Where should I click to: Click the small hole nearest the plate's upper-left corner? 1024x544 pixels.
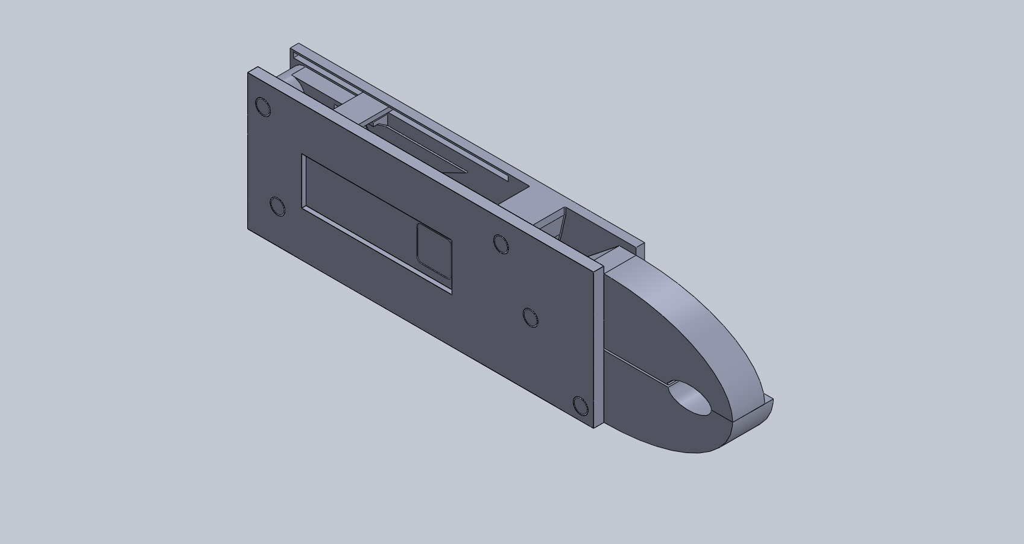[x=264, y=107]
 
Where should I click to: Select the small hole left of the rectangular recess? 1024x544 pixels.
[x=278, y=206]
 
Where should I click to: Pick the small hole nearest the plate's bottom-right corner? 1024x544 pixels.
[x=580, y=406]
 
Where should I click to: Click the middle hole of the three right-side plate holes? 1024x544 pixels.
[x=531, y=317]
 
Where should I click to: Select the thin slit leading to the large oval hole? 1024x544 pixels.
[x=639, y=367]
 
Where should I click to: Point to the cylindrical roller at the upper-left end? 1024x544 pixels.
[x=296, y=81]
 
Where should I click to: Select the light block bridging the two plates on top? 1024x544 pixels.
[x=362, y=108]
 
